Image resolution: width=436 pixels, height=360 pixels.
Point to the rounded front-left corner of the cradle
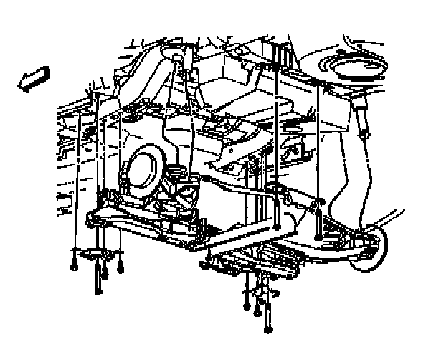(x=87, y=219)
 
